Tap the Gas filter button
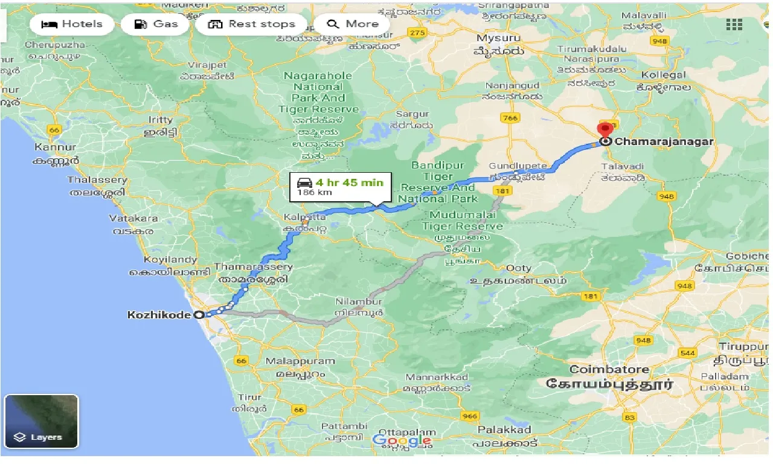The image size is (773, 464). point(156,24)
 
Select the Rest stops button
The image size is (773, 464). point(252,24)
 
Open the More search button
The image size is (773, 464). point(353,24)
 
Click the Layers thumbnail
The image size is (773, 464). point(41,421)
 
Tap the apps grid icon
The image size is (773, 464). point(734,24)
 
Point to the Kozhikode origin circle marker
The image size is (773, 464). point(199,315)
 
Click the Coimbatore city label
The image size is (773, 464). point(609,369)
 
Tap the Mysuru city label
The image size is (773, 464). point(499,38)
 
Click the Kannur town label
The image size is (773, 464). point(55,147)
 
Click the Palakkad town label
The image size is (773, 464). point(504,430)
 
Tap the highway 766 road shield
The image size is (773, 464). point(510,118)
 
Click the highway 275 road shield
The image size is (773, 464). point(417,33)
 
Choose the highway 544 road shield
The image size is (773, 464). point(688,352)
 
